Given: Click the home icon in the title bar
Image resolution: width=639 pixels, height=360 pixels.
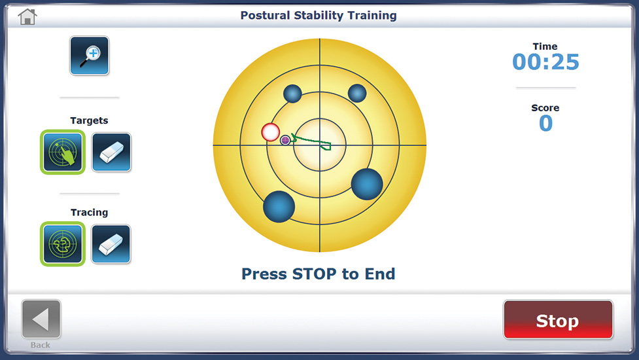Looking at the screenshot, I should coord(27,16).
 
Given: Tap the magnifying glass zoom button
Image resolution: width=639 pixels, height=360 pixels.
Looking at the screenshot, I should coord(90,56).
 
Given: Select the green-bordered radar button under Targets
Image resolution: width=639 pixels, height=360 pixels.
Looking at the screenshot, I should coord(63,153).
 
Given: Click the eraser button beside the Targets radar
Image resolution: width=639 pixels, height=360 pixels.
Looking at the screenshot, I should coord(111,153).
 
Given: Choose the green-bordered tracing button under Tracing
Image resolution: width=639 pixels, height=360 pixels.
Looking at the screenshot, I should coord(63,244).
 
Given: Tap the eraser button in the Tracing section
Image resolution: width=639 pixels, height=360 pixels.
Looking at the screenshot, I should coord(111,244).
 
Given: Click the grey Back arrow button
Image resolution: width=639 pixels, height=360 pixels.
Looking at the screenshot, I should coord(41,319).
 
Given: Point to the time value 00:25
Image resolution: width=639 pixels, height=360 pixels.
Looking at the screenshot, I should coord(545,62).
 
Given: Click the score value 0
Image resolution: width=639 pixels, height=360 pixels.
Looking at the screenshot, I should coord(545,124).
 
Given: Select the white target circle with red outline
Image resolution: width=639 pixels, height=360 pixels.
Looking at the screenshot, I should coord(270,132).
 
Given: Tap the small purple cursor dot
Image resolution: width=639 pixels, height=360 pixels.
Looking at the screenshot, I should coord(285,140).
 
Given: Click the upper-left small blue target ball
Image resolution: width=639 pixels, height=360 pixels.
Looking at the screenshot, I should coord(292,94).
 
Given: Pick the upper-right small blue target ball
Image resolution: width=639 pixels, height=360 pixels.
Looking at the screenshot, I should coord(357,94).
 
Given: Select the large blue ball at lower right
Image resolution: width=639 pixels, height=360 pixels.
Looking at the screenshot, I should coord(367,184).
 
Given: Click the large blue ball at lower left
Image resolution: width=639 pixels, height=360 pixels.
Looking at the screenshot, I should coord(279,206).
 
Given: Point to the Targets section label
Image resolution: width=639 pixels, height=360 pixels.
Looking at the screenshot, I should coord(89,120).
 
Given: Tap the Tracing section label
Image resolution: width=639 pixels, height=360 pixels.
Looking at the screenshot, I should coord(89,212).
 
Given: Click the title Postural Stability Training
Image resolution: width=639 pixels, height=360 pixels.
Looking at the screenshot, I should coord(319,15).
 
